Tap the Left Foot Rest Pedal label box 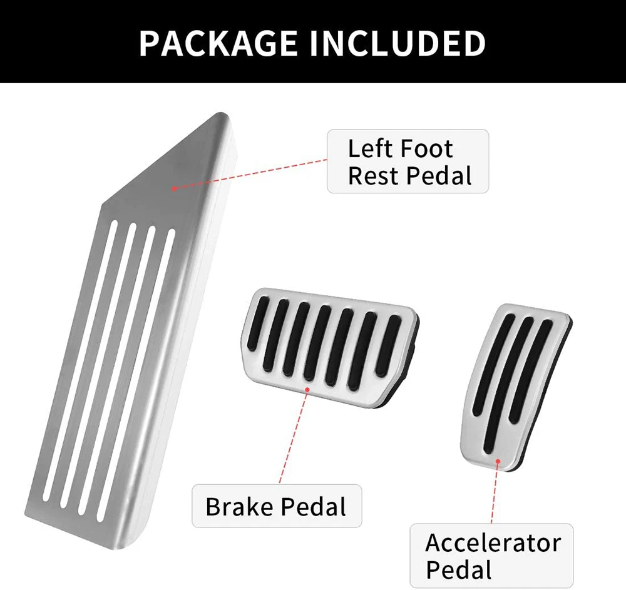pos(408,161)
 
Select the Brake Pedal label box pos(277,506)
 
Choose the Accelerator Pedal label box pos(491,556)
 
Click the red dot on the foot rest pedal pos(173,188)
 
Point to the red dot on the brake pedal pos(307,389)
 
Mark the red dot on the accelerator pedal pos(498,461)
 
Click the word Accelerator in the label pos(493,542)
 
